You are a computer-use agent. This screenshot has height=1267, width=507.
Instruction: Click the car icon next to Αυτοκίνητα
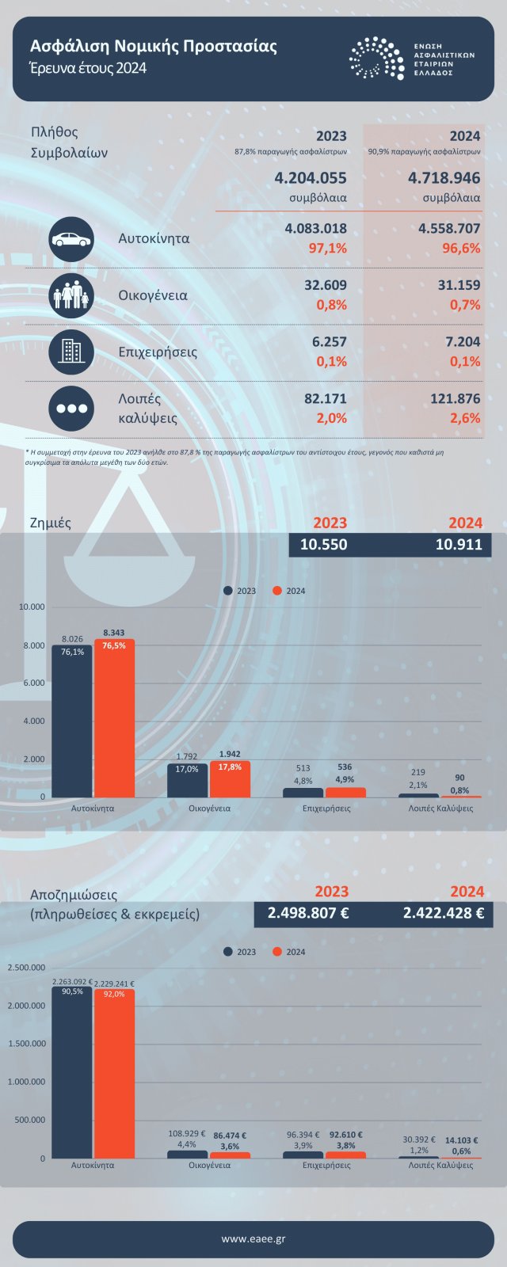(x=71, y=238)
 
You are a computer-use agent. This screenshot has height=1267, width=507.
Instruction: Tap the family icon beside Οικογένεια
(x=71, y=295)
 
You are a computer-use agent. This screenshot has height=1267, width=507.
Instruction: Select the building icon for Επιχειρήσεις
(x=71, y=352)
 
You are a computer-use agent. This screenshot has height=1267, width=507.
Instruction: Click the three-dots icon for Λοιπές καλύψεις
(x=71, y=409)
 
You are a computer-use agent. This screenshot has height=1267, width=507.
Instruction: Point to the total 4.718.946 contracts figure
(x=444, y=178)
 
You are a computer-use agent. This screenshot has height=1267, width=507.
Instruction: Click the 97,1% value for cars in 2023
(x=327, y=248)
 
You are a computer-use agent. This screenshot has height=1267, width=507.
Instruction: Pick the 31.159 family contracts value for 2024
(x=459, y=285)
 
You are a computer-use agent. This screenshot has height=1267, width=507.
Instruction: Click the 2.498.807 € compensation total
(x=308, y=913)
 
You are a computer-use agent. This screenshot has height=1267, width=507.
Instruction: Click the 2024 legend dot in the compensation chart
(x=277, y=952)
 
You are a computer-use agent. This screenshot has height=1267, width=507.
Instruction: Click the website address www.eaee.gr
(x=253, y=1239)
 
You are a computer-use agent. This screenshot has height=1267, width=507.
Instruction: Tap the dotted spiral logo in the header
(x=376, y=58)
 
